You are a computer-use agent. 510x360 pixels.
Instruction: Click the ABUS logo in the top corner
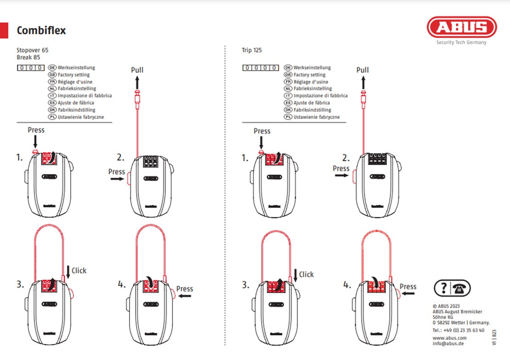461,27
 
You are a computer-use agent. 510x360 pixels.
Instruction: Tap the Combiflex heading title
41,31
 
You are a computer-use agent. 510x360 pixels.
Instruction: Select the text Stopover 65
32,50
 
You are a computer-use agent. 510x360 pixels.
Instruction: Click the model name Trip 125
252,50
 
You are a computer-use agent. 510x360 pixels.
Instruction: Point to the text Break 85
28,57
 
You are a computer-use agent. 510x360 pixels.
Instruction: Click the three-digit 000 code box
31,68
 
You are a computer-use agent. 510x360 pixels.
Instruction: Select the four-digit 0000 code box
260,68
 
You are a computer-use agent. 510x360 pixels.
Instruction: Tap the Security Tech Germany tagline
461,42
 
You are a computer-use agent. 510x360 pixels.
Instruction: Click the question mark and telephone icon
452,288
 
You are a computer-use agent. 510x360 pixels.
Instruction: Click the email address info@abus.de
448,344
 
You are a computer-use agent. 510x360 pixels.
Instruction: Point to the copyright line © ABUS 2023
446,306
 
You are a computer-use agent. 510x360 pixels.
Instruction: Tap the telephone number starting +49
458,330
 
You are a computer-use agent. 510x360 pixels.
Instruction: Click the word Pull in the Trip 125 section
363,70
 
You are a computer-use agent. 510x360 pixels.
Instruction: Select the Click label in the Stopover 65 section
79,271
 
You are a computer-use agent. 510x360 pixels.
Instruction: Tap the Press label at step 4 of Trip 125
408,287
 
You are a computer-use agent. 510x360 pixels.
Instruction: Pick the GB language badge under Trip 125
288,75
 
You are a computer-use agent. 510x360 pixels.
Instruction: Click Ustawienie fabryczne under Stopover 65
81,117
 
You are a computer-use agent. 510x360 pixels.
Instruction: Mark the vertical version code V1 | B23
494,337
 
